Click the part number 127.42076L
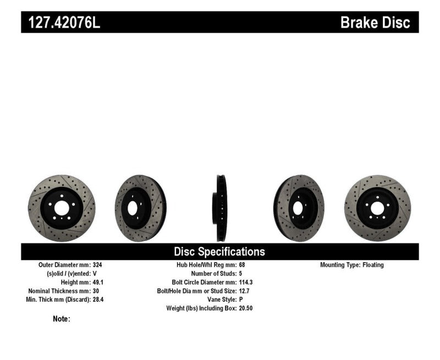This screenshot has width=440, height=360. (62, 23)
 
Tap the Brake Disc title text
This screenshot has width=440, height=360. (375, 23)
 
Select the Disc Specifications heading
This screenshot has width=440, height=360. (219, 252)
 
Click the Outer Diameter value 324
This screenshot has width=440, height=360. (97, 265)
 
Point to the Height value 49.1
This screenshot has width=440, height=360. (98, 282)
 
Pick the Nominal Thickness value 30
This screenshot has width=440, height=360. (96, 291)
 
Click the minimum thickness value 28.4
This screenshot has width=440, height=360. (98, 300)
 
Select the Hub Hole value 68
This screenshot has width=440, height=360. (243, 265)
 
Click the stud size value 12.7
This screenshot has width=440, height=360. (245, 291)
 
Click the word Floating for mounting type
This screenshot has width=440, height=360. (373, 265)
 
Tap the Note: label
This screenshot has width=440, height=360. (62, 319)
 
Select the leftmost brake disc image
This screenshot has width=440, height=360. (62, 208)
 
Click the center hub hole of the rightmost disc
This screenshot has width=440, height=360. (377, 208)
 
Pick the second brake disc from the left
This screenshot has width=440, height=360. (140, 208)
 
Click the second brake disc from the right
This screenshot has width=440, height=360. (299, 208)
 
